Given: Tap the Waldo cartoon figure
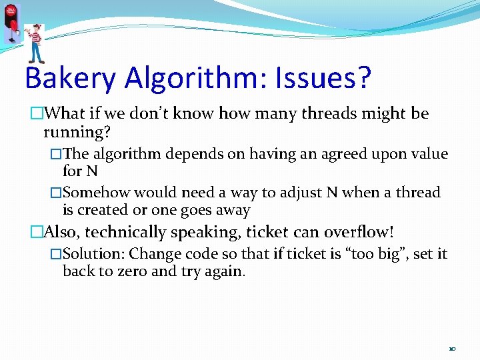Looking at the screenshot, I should point(35,42).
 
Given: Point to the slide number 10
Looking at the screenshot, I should point(452,349).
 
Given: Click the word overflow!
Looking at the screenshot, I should point(359,232).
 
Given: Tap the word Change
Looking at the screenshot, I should point(152,254).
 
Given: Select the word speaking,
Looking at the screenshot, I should point(203,232).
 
